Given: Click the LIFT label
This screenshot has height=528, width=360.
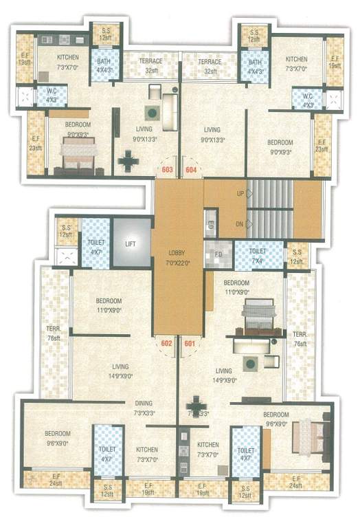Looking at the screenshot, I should click(131, 243).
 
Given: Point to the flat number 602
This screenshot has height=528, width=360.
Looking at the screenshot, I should click(166, 343).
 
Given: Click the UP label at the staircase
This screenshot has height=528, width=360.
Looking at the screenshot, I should click(240, 195).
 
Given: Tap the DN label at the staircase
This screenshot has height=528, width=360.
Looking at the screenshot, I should click(240, 223).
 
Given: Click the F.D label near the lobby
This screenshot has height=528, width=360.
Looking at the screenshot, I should click(218, 253).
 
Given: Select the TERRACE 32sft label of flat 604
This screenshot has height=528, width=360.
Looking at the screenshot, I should click(210, 66).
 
